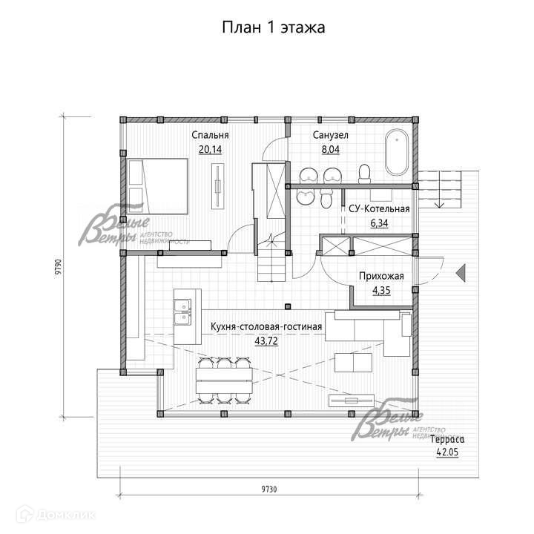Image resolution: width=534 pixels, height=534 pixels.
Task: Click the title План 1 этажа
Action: click(274, 27)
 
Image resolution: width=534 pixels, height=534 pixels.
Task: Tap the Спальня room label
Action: click(210, 136)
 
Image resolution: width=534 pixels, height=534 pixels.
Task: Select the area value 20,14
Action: click(210, 149)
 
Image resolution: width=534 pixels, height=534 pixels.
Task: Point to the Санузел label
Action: click(330, 136)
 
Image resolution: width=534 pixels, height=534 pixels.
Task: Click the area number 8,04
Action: click(330, 149)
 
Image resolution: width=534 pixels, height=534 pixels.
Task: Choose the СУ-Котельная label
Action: click(379, 208)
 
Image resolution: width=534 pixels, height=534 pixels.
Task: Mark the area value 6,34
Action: click(379, 222)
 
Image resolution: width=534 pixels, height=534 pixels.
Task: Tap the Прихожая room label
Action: click(380, 277)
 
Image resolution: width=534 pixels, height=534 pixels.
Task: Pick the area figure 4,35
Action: click(380, 290)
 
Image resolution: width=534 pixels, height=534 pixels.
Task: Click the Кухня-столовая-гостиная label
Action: click(266, 326)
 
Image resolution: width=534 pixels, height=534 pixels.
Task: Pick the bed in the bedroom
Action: click(157, 181)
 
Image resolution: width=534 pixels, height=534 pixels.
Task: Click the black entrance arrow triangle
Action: click(461, 271)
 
